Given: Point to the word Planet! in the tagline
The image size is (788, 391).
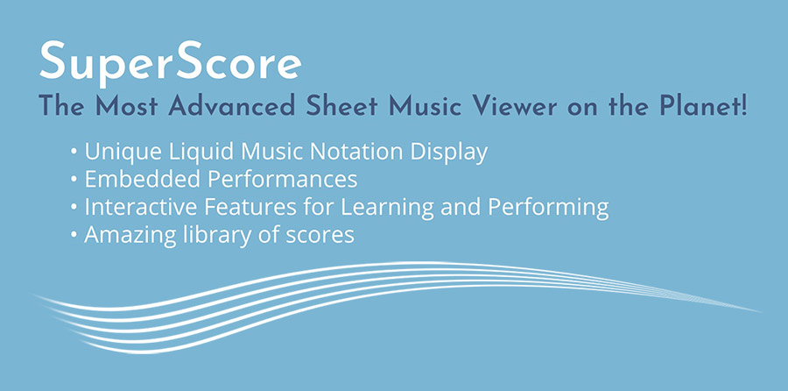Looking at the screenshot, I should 713,108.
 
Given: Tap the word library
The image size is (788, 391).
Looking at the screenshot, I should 202,236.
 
